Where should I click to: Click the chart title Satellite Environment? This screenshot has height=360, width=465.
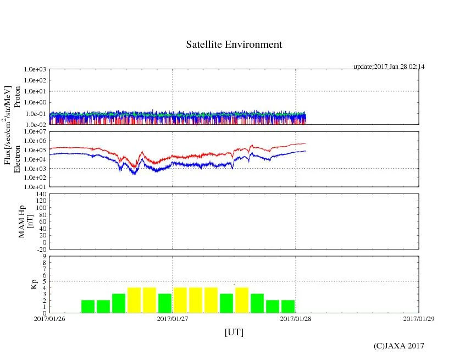(x=234, y=45)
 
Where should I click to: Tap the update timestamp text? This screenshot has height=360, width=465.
(x=389, y=67)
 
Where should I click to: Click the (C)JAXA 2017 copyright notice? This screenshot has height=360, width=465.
(x=398, y=346)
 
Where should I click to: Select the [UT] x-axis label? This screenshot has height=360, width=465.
(x=234, y=333)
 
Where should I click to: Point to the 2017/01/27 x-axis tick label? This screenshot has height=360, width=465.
(x=173, y=318)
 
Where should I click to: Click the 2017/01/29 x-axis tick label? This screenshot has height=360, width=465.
(x=419, y=318)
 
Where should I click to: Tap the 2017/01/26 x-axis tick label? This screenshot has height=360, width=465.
(x=49, y=318)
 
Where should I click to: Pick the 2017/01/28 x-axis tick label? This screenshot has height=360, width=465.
(x=296, y=318)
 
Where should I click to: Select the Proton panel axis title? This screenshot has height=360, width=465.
(x=17, y=97)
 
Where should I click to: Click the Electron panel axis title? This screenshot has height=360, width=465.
(x=17, y=159)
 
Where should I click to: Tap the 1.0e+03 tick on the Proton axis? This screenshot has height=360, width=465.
(x=35, y=70)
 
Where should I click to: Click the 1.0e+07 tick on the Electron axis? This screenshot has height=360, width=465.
(x=35, y=132)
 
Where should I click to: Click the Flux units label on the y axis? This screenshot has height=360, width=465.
(x=8, y=125)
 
